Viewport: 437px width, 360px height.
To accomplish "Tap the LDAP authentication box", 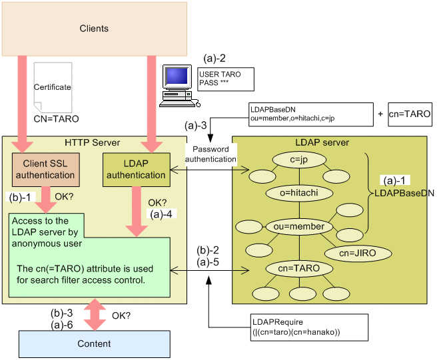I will [135, 170].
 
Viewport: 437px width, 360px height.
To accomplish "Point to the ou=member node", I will [298, 227].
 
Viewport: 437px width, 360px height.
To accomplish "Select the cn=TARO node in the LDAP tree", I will [298, 268].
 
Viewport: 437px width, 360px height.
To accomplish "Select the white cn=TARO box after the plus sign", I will [409, 114].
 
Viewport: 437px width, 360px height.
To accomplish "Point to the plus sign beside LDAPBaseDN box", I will [380, 114].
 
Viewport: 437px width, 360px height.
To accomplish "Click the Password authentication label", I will [211, 154].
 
